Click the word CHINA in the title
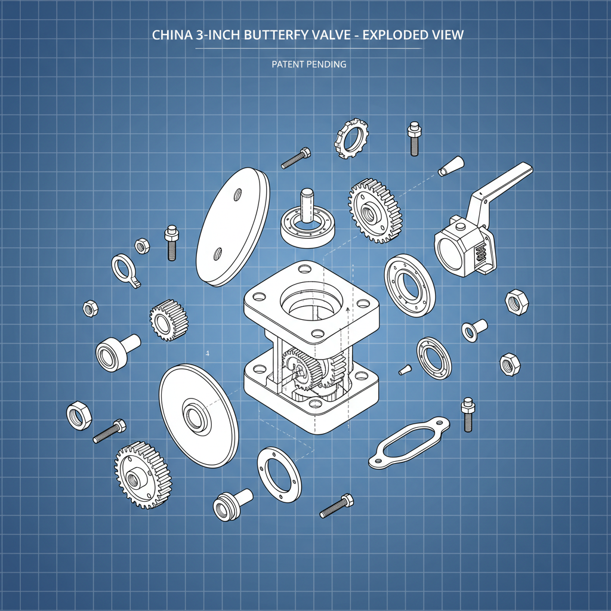coord(172,35)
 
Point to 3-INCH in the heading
coord(223,35)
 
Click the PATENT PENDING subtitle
coord(308,64)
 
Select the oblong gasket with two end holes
coord(408,442)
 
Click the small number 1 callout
coord(207,353)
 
